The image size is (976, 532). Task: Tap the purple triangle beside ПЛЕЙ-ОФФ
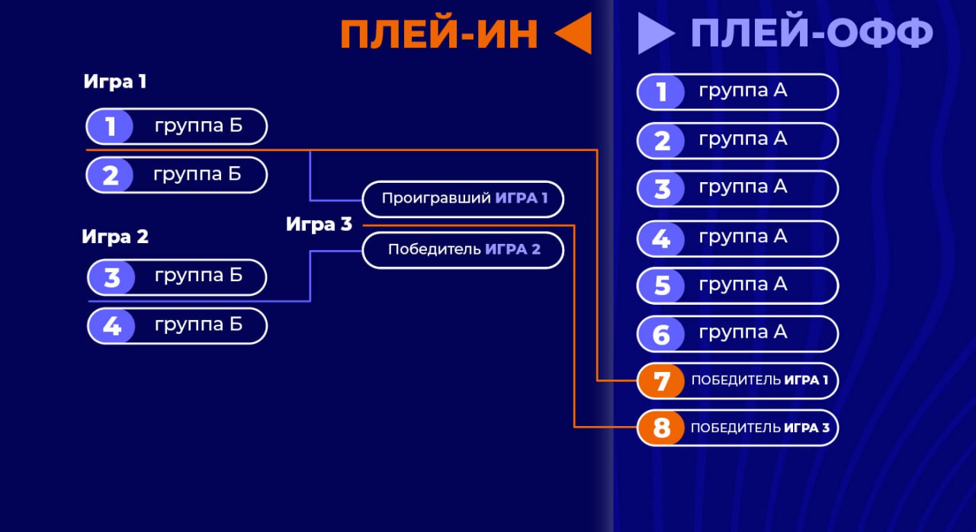653,34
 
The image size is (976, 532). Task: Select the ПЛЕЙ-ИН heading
439,34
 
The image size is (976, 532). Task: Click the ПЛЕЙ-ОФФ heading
811,34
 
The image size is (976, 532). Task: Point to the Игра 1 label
114,82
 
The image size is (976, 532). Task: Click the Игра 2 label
115,236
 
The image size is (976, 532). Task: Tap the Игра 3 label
319,224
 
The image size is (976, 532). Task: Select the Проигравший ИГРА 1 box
464,199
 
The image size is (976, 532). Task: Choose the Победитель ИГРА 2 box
463,250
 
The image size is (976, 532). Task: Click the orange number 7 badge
660,380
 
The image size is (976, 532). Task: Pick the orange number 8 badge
660,428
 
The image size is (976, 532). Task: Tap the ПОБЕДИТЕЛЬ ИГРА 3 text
759,428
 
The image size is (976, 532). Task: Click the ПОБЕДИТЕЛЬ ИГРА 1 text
759,380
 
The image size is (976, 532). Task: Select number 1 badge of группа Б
110,127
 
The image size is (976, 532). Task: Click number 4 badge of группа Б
111,326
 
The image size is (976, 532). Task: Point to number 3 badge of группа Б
111,277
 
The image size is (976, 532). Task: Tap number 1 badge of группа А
660,92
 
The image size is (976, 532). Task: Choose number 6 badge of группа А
660,334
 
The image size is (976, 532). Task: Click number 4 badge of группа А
660,239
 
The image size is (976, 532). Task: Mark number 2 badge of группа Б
110,175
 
